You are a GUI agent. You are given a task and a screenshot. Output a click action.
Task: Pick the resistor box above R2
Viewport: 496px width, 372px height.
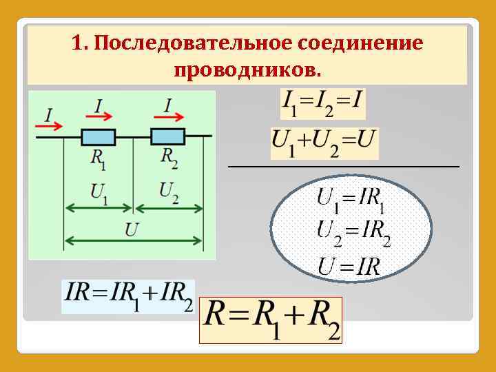click(167, 136)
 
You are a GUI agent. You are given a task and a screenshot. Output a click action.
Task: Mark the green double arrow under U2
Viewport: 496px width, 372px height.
click(169, 209)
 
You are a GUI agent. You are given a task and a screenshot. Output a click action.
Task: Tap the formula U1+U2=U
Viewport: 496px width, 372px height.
click(324, 143)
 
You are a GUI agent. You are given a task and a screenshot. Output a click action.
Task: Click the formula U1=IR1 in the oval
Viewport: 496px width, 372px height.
click(351, 199)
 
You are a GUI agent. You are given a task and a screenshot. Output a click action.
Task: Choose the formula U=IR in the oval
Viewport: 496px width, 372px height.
click(349, 265)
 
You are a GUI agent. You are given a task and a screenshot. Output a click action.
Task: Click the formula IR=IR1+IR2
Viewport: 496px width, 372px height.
click(128, 296)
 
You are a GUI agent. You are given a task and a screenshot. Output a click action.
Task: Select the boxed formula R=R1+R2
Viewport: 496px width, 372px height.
click(270, 320)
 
